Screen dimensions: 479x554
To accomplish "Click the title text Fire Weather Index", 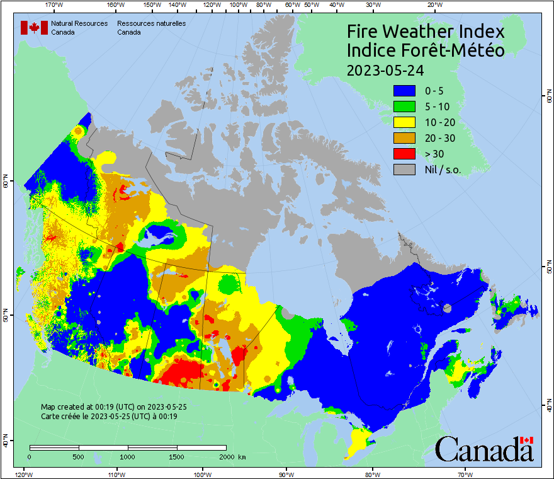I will (426, 32).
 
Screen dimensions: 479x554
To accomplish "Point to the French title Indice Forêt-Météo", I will (426, 50).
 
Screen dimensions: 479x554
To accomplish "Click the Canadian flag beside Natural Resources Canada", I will (34, 28).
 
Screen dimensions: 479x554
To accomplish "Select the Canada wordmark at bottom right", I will (484, 449).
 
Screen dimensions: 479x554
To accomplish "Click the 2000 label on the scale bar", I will (225, 456).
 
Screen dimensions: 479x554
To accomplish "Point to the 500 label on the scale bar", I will (79, 456).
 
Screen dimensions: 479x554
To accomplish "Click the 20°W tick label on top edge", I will (433, 5).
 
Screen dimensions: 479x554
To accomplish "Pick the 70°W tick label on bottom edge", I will (465, 474).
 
